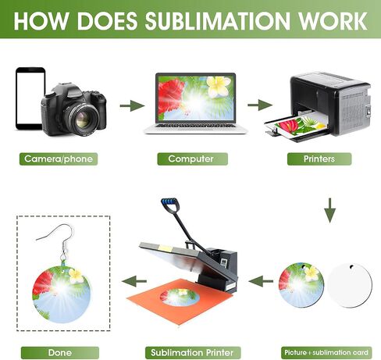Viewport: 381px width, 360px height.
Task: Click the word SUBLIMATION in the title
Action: tap(217, 21)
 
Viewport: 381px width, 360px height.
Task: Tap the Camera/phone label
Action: tap(59, 159)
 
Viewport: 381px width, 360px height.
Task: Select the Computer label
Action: tap(193, 159)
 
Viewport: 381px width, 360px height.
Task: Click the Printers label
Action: tap(319, 159)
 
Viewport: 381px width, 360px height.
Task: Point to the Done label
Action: tap(60, 353)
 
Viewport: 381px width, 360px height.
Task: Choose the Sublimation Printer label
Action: tap(193, 353)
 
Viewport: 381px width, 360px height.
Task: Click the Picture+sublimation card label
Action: tap(326, 353)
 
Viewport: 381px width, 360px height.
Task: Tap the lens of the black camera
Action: tap(84, 119)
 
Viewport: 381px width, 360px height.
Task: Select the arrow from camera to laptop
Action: tap(132, 105)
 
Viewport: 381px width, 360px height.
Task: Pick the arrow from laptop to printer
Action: tap(260, 105)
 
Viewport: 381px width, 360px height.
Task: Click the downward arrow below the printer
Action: tap(330, 210)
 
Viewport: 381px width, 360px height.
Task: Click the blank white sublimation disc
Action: tap(350, 285)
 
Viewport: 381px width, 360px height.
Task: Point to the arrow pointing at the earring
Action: tap(134, 281)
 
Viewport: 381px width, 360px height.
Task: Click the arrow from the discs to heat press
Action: tap(261, 281)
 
